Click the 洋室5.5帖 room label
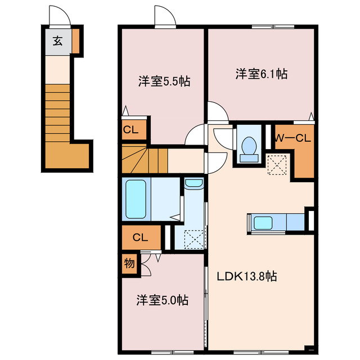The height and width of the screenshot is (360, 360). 164,81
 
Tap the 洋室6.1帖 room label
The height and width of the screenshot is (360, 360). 262,74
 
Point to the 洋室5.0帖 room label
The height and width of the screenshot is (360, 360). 161,300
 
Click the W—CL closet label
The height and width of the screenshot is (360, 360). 292,137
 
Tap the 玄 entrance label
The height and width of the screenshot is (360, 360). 57,40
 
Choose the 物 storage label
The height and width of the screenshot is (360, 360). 129,263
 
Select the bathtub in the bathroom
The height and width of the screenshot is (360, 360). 136,200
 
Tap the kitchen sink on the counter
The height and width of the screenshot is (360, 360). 263,222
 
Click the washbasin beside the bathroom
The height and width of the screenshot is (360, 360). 193,183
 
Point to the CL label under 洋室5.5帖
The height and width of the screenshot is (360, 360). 130,129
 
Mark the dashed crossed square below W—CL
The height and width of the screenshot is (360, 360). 276,165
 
